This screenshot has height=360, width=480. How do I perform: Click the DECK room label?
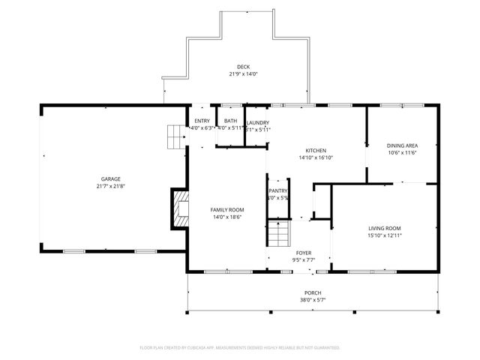click(243, 67)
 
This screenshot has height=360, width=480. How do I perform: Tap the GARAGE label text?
click(110, 179)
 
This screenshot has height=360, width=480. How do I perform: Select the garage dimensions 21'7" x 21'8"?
click(110, 187)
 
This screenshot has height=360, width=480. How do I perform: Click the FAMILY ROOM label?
click(226, 209)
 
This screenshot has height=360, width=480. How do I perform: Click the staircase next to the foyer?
click(279, 235)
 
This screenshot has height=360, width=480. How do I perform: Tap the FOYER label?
click(304, 253)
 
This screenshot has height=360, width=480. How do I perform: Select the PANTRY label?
click(278, 190)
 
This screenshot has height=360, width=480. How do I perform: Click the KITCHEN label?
click(316, 150)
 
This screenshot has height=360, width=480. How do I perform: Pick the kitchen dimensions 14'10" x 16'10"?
click(316, 157)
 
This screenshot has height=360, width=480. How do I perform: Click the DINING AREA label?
click(402, 145)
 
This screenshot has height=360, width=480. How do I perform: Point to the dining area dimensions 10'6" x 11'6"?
click(402, 153)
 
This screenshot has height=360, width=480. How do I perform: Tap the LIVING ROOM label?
click(385, 228)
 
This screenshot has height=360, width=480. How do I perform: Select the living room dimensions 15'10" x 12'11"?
click(385, 235)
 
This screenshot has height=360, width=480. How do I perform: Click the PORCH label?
click(313, 292)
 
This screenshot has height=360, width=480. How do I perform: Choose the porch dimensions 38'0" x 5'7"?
click(313, 300)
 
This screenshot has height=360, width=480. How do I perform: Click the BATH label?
click(230, 121)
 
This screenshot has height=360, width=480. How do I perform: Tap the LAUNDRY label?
click(257, 122)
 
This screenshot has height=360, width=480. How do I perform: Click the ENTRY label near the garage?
click(202, 121)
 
